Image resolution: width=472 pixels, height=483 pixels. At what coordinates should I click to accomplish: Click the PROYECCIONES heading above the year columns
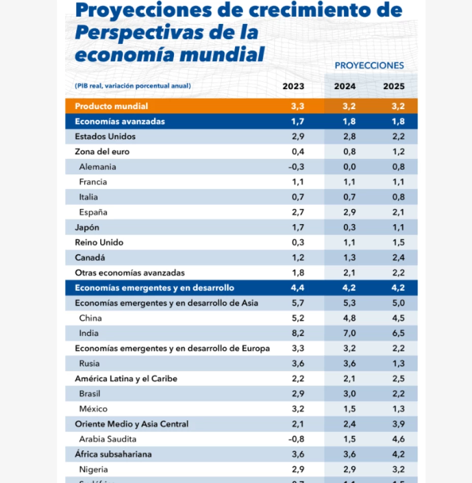(369, 65)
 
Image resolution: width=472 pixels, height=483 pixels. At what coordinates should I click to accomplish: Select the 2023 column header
(293, 86)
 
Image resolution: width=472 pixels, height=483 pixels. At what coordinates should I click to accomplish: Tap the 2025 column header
(394, 86)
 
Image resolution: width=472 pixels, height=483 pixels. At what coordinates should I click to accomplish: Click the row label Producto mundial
(111, 106)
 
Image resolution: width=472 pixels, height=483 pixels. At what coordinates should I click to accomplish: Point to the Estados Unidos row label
(105, 137)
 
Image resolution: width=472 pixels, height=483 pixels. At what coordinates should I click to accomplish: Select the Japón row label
(87, 227)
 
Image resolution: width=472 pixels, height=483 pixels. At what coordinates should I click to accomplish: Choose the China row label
(91, 318)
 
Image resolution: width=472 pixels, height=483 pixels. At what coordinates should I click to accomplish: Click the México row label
(93, 409)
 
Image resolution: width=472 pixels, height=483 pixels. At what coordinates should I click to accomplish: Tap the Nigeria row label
(94, 469)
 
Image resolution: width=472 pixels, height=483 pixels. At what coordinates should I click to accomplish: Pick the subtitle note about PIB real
(133, 86)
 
